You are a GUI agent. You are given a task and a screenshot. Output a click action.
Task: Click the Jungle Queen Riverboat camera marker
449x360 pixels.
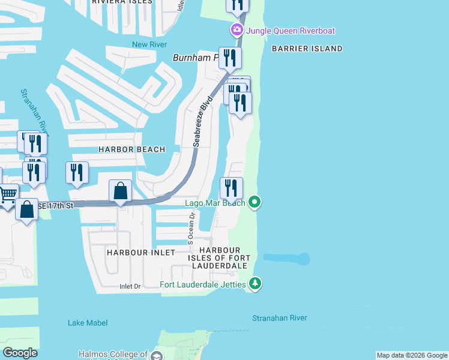(237, 30)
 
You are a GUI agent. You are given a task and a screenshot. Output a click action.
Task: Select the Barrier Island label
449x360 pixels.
(307, 49)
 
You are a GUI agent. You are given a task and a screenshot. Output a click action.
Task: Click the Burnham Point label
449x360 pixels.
(196, 58)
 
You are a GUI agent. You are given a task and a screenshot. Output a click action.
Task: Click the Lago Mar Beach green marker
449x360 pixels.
(255, 202)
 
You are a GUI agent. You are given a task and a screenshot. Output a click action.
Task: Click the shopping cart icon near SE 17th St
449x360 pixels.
(8, 194)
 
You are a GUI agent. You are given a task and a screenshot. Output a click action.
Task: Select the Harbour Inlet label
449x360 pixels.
(141, 253)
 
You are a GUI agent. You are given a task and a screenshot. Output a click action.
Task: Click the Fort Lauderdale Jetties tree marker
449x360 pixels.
(255, 283)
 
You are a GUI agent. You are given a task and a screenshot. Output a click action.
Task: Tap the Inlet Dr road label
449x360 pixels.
(130, 287)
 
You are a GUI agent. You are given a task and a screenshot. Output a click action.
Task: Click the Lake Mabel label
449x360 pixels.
(88, 323)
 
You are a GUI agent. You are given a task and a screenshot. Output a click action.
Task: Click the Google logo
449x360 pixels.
(20, 353)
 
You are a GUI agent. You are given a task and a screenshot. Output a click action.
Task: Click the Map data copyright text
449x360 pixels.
(412, 356)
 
